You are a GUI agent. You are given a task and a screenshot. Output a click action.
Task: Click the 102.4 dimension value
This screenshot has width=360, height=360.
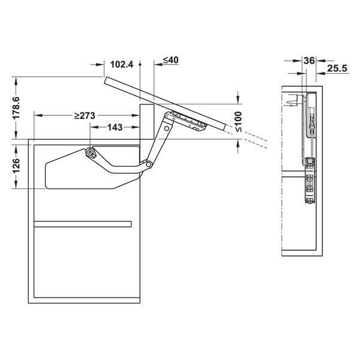point(122,64)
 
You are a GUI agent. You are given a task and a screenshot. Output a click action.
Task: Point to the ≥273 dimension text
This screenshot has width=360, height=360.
point(88,115)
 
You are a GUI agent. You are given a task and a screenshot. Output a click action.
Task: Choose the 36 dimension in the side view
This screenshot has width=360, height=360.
point(310,61)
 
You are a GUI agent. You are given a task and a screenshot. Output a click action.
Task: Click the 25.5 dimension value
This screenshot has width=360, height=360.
point(337,70)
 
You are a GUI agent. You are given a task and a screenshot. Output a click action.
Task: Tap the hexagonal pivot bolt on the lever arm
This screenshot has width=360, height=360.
point(90,152)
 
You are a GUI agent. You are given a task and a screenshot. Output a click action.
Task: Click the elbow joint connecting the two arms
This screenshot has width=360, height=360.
point(145,164)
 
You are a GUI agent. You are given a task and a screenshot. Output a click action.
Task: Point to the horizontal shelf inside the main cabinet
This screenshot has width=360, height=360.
point(82,224)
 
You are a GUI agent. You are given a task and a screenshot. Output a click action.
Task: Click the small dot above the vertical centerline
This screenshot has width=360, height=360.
point(139,63)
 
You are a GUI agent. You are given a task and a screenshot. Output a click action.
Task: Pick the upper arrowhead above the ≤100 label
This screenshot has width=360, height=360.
point(239,98)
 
